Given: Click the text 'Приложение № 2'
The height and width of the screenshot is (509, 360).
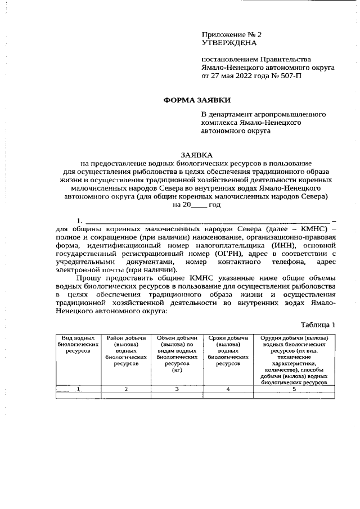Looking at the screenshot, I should [x=231, y=34].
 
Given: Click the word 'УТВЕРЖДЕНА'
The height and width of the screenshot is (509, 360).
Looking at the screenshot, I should [x=229, y=42].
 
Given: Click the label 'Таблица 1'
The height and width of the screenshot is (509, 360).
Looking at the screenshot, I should [x=318, y=325].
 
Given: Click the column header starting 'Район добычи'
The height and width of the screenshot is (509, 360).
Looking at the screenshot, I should [x=126, y=350].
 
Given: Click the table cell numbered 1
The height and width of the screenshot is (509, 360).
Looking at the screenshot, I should [x=78, y=389].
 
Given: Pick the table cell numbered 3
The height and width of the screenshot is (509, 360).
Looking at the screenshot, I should [x=177, y=389].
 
